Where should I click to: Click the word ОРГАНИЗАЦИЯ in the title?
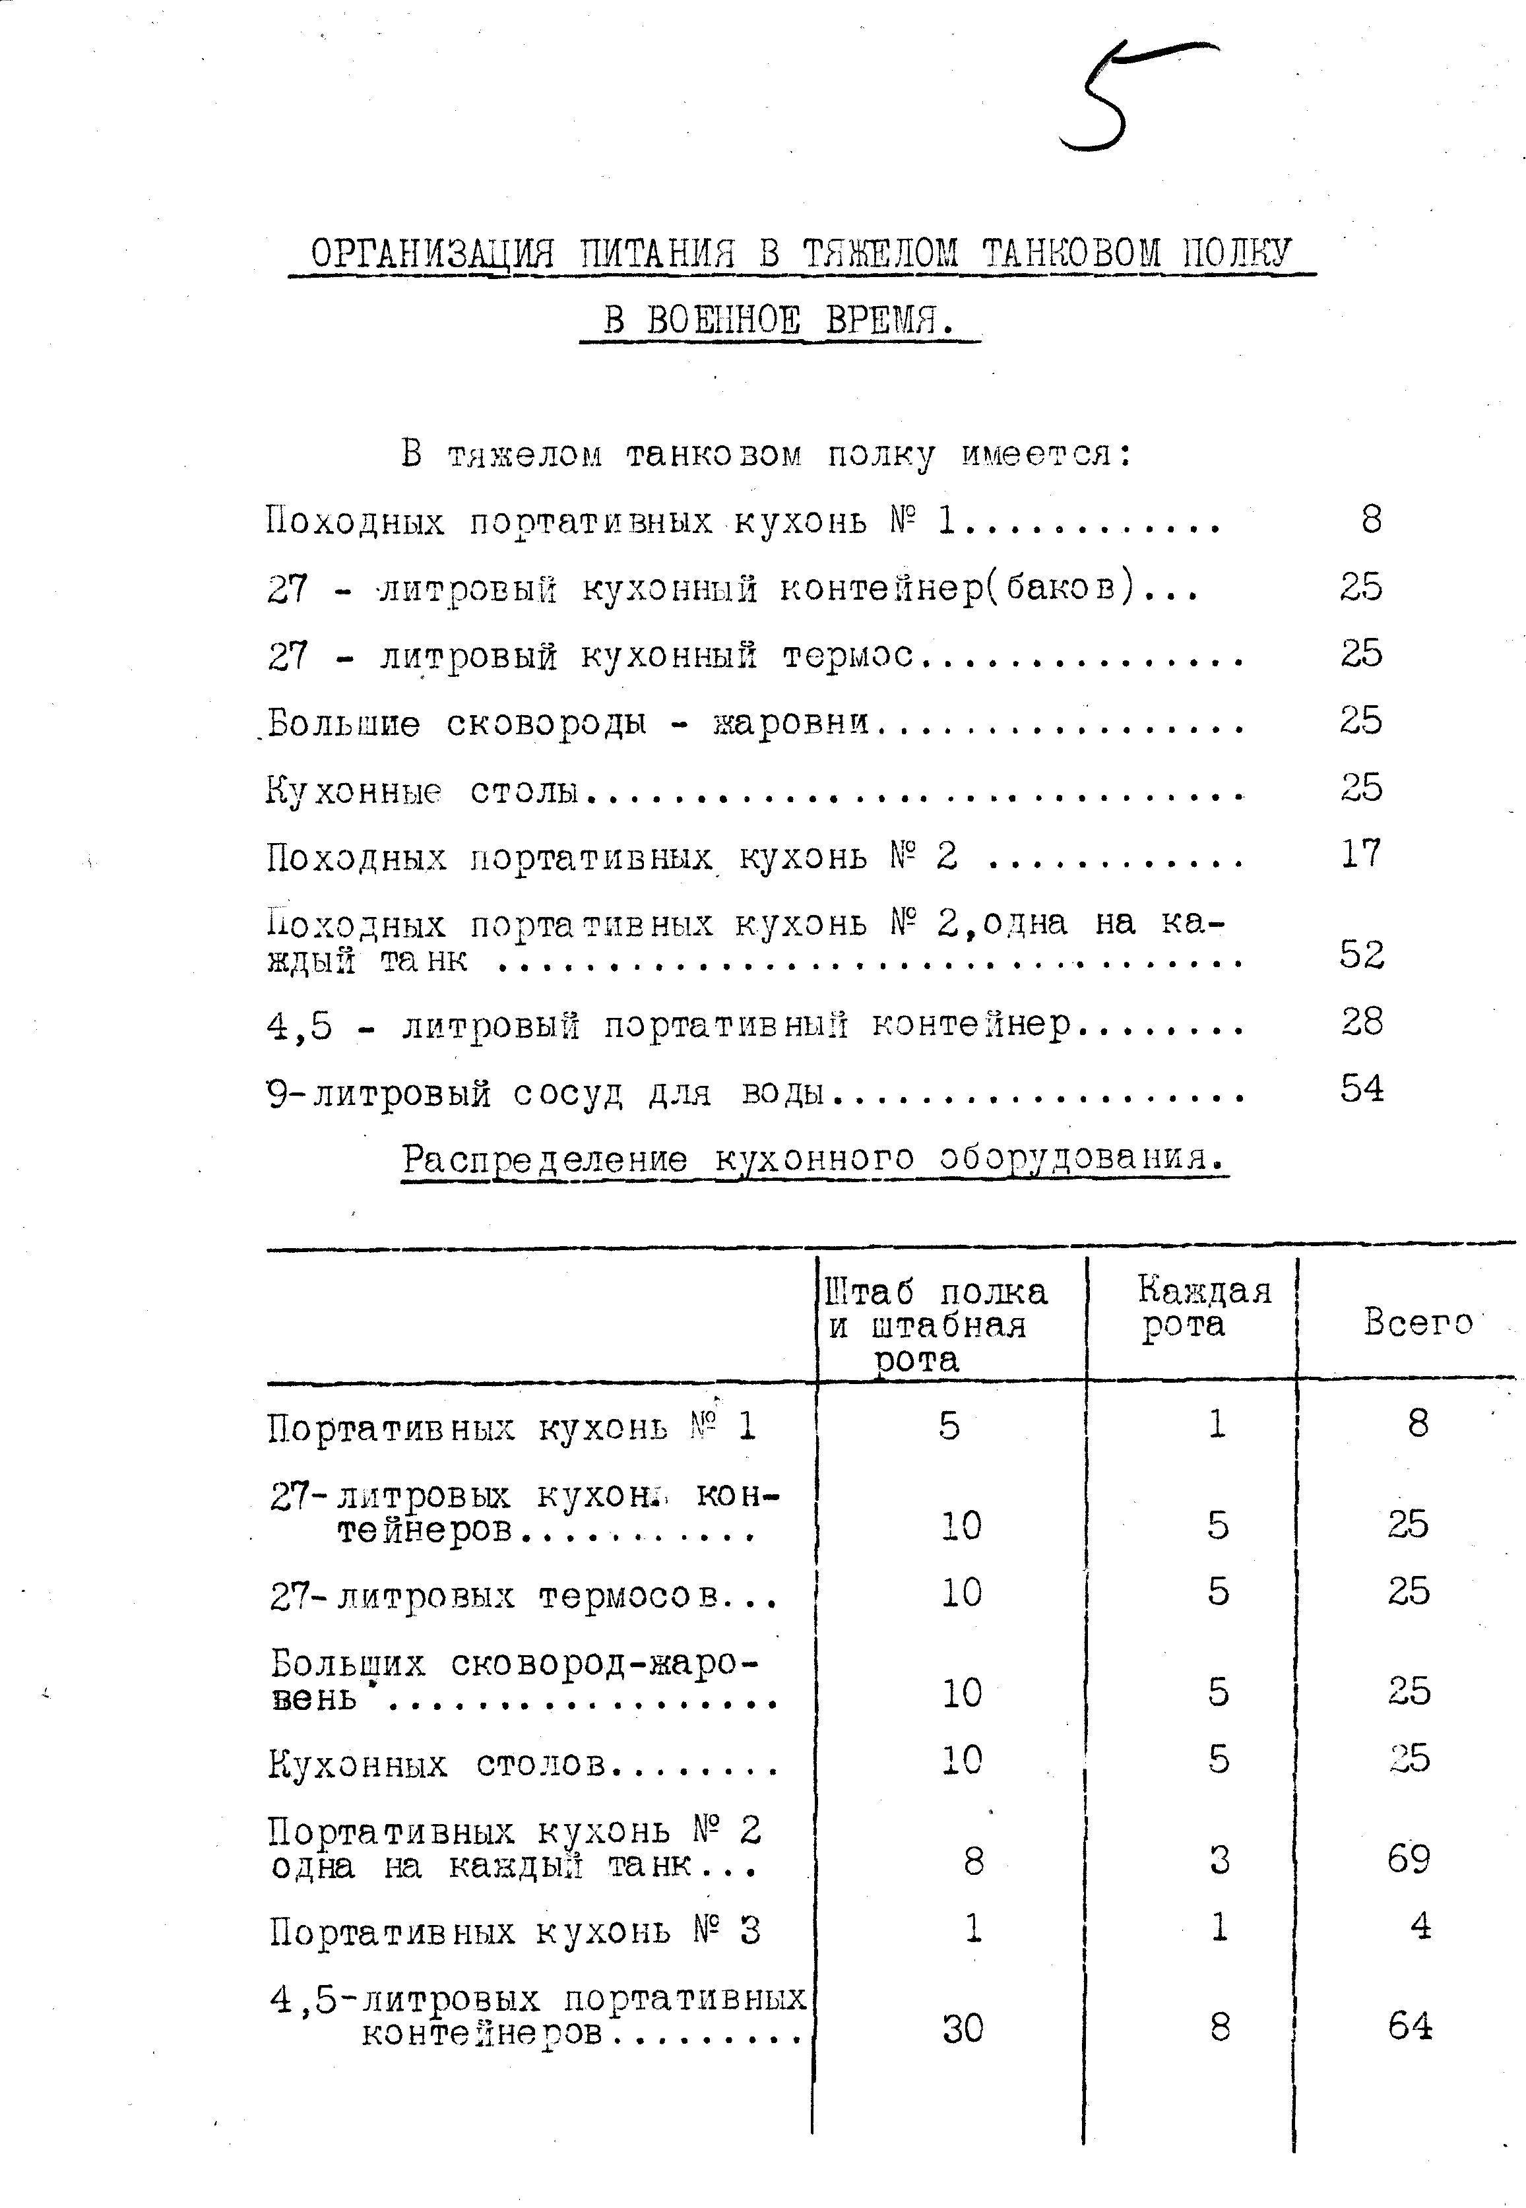click(432, 254)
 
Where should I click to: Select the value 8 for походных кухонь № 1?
click(1371, 519)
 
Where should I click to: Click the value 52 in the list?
click(1362, 954)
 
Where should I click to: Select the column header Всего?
click(1417, 1322)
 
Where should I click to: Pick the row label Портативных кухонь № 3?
click(515, 1932)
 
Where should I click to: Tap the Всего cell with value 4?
click(1421, 1926)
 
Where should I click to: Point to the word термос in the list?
click(847, 656)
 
